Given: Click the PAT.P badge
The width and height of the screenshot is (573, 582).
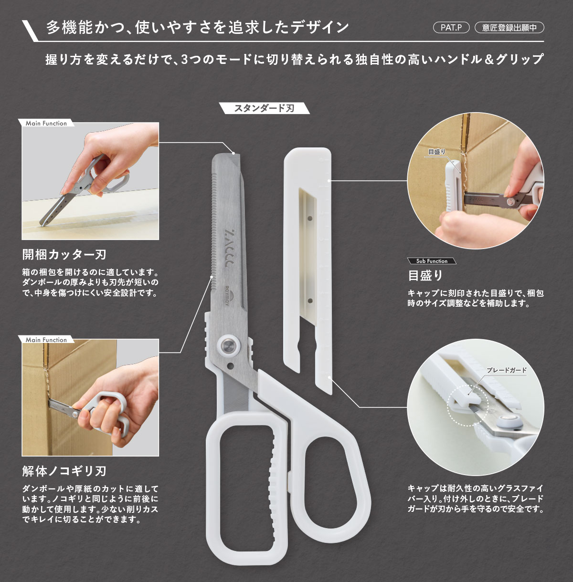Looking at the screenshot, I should tap(451, 28).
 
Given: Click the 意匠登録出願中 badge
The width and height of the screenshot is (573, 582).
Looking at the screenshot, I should tap(509, 28).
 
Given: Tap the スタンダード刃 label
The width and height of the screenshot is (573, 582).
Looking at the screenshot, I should tap(264, 108).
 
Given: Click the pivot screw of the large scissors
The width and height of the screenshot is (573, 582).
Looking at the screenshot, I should tap(229, 345).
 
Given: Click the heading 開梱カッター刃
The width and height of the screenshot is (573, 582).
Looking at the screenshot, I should tap(64, 254).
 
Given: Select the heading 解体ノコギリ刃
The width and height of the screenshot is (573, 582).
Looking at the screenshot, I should tap(64, 471).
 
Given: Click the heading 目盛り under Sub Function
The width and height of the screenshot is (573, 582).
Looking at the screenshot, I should tap(425, 275).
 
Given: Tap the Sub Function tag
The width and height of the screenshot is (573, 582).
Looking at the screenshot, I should tap(432, 261).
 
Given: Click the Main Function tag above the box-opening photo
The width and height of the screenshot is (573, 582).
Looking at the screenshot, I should tap(46, 123).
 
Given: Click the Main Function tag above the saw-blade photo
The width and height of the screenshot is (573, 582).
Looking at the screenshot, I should tap(46, 340).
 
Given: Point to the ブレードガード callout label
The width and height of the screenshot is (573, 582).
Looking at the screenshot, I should tap(506, 370).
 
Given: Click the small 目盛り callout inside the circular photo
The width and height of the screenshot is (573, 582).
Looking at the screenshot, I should tap(436, 152).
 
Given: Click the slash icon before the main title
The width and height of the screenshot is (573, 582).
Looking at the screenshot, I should tap(32, 30).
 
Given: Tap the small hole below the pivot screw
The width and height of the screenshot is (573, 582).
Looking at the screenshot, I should tap(231, 366).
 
